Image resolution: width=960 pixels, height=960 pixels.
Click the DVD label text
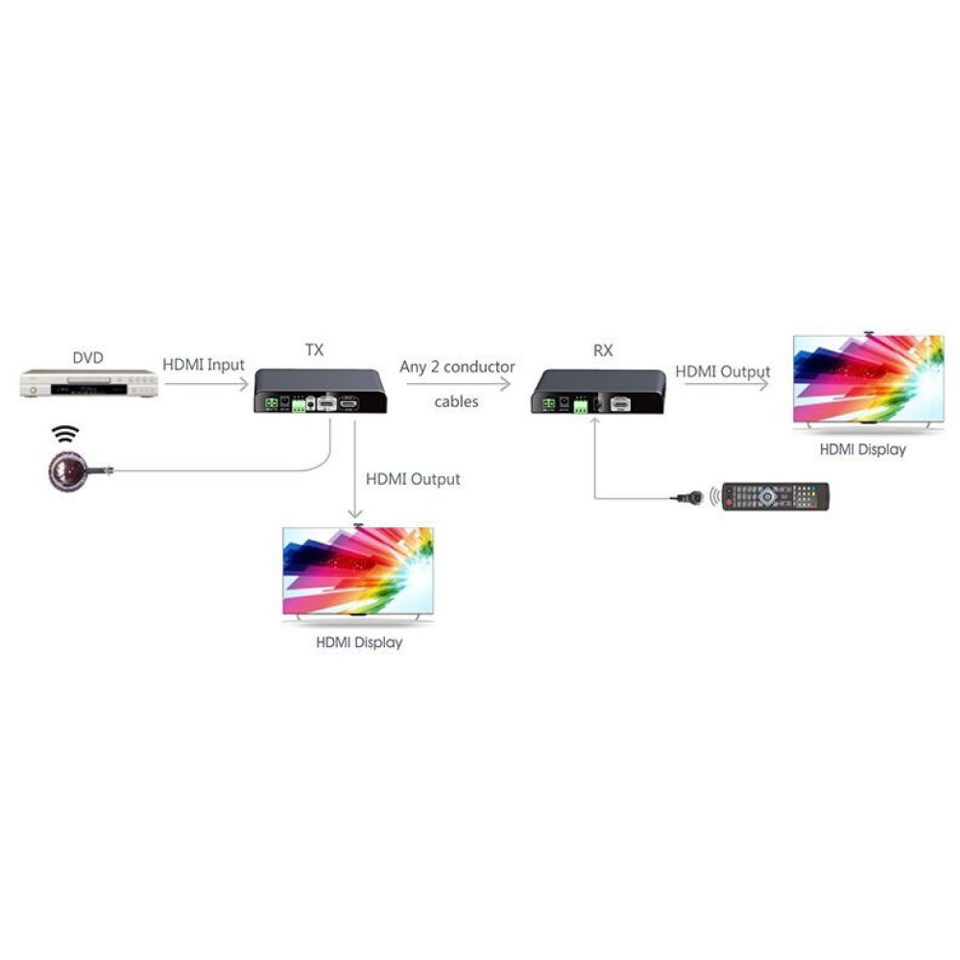click(87, 357)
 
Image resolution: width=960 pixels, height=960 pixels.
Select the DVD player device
click(88, 384)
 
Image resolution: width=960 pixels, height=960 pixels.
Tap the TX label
click(314, 349)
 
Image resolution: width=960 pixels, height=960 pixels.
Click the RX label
click(603, 350)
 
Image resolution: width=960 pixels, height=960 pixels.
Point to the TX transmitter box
click(321, 391)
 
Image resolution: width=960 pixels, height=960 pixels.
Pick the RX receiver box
click(598, 392)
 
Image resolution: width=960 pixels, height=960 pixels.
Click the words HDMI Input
click(204, 365)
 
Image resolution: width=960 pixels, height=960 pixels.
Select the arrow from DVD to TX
click(206, 384)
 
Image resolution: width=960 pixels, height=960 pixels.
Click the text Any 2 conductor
click(457, 367)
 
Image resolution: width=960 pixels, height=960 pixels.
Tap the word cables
click(456, 401)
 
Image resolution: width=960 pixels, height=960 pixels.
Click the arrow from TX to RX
click(458, 384)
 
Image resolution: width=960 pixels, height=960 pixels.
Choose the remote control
click(775, 496)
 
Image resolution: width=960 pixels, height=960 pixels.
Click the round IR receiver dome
click(67, 470)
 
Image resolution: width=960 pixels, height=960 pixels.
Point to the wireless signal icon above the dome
click(65, 434)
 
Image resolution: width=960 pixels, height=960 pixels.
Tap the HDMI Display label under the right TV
click(863, 449)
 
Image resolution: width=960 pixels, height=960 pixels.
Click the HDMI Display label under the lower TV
click(359, 642)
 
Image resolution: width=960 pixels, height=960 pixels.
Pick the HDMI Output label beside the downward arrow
click(413, 479)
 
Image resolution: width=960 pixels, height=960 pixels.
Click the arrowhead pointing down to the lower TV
click(355, 513)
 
